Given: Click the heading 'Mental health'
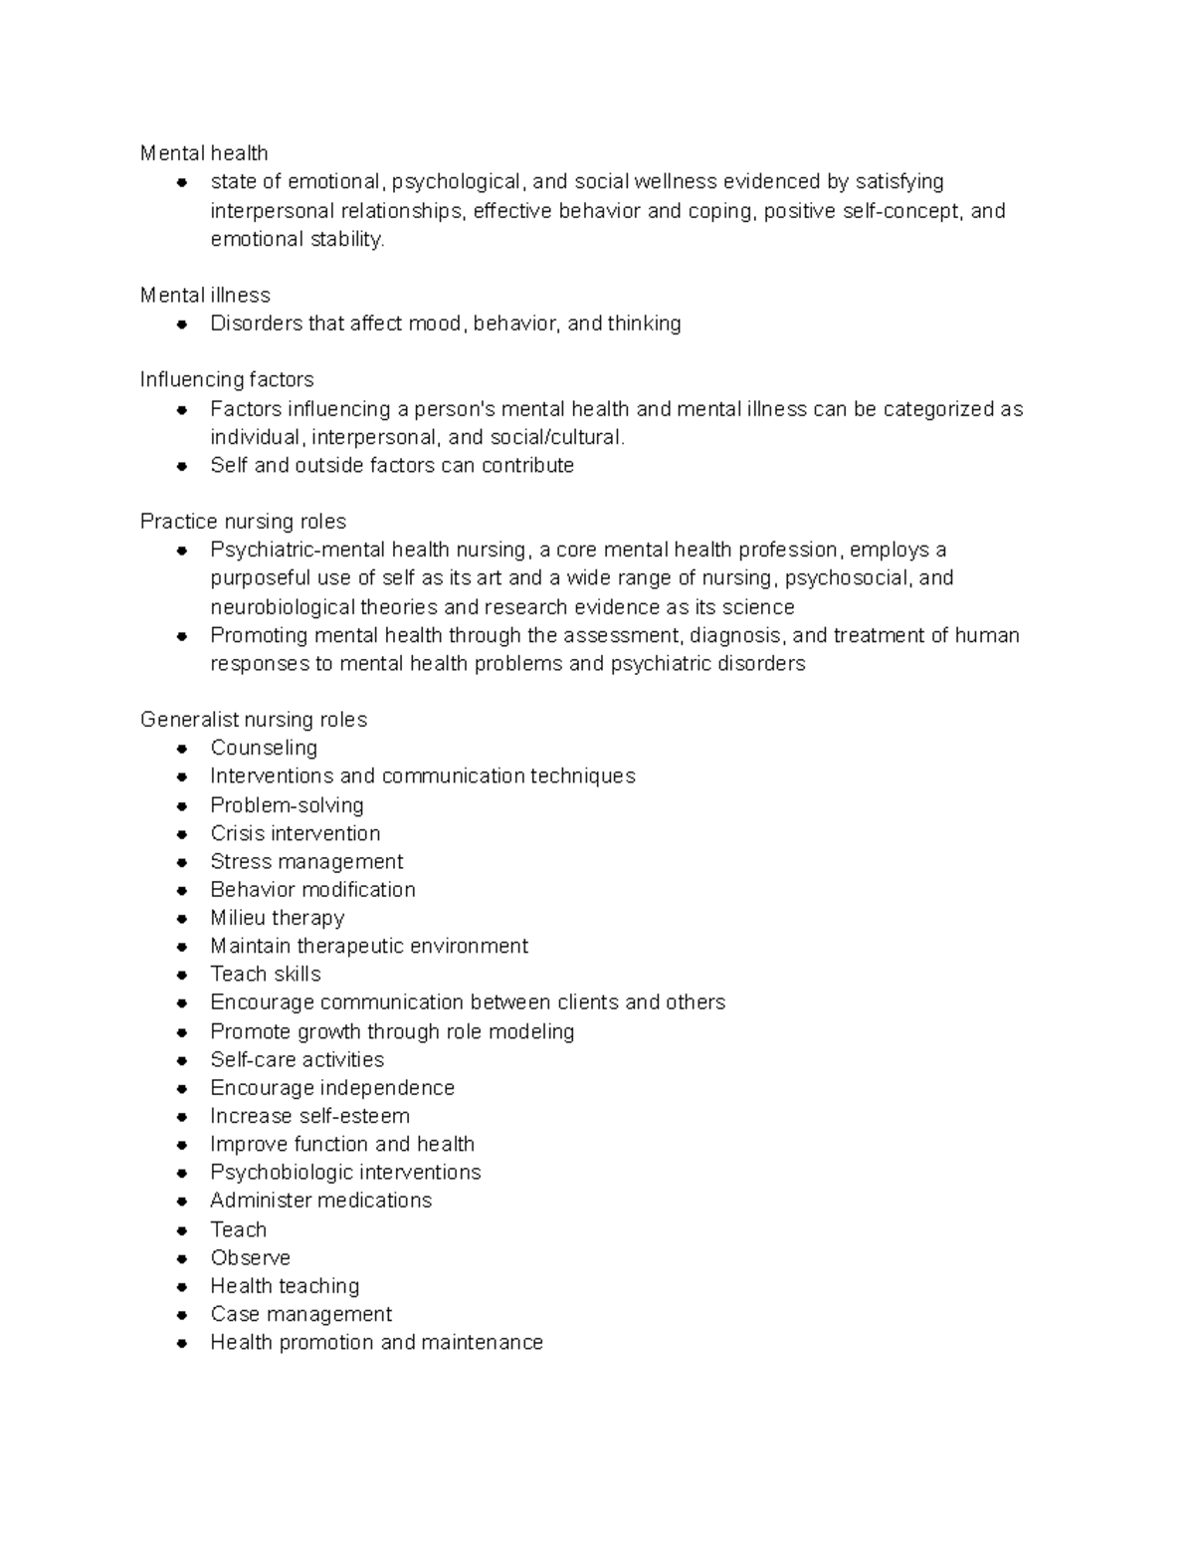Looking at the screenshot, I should click(x=204, y=153).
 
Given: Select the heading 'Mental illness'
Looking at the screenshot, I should click(x=205, y=296).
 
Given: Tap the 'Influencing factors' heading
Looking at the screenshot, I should click(x=227, y=380).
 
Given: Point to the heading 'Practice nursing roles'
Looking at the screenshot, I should click(x=243, y=522).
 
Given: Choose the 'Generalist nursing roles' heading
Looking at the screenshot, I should click(x=254, y=720).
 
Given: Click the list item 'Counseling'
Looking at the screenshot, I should click(x=264, y=748).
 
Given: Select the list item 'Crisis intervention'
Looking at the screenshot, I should click(x=296, y=833).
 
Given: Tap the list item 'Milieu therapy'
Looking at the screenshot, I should click(x=278, y=918).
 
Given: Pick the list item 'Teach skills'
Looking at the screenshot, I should click(x=266, y=974).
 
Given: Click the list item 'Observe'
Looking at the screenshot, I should click(x=251, y=1257).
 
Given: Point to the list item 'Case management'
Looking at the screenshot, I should click(x=301, y=1314).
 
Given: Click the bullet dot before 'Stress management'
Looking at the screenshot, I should click(x=182, y=862).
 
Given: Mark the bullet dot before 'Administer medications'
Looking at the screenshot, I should click(x=182, y=1202).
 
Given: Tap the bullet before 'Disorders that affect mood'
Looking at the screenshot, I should click(x=182, y=324).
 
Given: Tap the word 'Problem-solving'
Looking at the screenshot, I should click(x=287, y=805).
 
